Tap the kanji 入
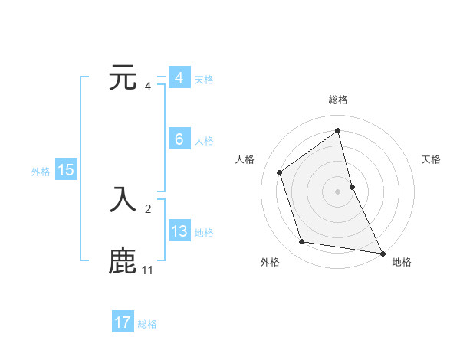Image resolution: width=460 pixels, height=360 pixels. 123,198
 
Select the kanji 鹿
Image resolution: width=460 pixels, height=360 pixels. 123,260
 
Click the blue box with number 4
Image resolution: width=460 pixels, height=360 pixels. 179,78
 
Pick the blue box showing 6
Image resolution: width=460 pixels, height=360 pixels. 179,139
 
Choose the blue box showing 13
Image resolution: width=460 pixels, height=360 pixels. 179,231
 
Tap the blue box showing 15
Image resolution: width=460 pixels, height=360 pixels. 66,170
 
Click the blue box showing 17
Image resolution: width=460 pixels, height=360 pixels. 123,322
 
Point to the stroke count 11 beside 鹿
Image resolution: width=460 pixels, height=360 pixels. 147,270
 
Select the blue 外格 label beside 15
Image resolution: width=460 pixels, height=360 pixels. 41,172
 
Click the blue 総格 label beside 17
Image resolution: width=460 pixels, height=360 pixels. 147,324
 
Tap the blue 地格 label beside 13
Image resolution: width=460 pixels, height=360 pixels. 204,233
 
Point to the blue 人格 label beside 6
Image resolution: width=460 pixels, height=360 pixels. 204,141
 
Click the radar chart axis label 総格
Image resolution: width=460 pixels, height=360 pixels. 338,100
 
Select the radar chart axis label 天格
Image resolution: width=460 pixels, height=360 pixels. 431,159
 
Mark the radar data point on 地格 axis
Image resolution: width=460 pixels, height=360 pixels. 382,252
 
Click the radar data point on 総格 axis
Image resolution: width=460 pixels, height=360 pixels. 338,130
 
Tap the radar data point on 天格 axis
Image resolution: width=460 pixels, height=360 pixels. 352,186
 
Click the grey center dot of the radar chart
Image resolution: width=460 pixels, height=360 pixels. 338,191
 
